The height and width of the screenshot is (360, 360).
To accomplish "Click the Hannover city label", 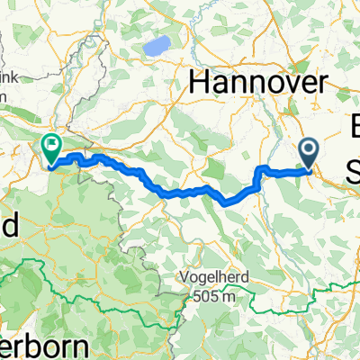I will tap(256, 83).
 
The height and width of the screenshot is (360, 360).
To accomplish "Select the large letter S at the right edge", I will tap(354, 168).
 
